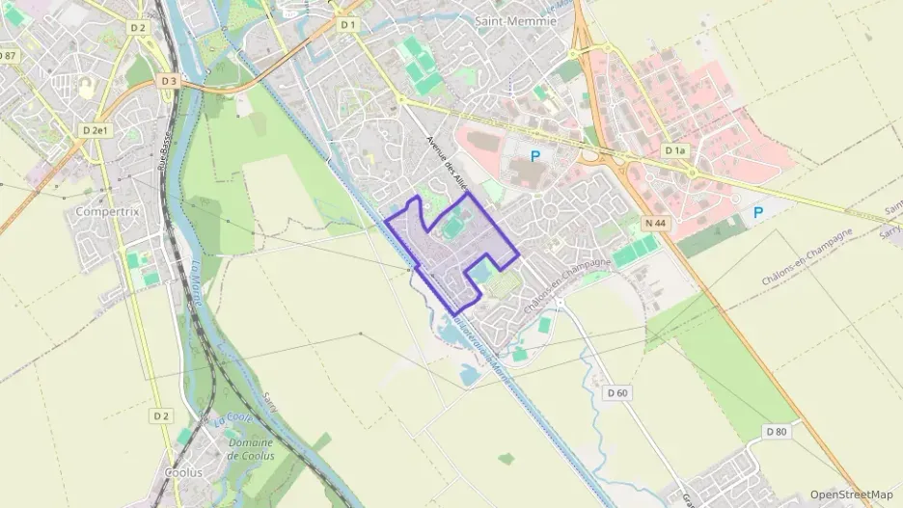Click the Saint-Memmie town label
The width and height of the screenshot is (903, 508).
516,20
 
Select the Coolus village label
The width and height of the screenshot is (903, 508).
183,472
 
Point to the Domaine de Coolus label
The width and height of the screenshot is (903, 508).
251,449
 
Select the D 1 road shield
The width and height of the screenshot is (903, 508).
348,24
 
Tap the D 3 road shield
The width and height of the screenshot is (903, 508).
170,81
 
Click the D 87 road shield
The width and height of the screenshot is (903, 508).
9,56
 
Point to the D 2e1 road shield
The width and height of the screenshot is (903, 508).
96,129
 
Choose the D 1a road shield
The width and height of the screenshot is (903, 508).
675,151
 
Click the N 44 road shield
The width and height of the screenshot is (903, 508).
654,224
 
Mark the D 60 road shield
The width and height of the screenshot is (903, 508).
617,392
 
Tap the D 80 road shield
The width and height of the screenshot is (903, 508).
776,431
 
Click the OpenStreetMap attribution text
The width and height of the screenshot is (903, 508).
851,495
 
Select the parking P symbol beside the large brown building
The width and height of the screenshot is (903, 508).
534,155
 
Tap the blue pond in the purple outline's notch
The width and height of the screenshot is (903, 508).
479,274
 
